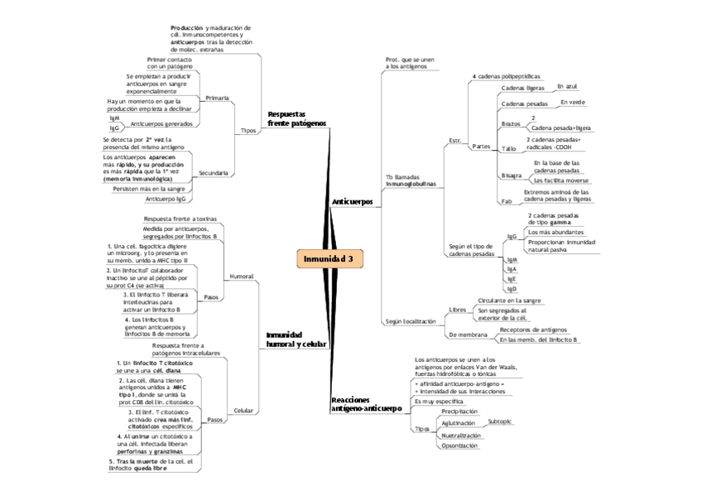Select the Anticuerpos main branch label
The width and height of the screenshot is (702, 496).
click(x=352, y=201)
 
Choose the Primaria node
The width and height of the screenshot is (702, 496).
click(x=217, y=98)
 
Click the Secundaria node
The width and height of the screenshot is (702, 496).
click(x=214, y=172)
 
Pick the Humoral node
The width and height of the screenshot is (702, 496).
click(x=241, y=276)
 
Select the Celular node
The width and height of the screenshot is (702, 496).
click(x=243, y=410)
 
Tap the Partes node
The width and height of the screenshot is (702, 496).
click(x=481, y=147)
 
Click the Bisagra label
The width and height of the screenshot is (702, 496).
click(x=512, y=176)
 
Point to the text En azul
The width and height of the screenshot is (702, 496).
click(x=567, y=85)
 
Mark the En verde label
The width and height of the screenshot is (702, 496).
click(x=573, y=102)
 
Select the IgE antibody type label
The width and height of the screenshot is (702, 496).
click(x=512, y=279)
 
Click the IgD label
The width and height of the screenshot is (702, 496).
click(x=512, y=289)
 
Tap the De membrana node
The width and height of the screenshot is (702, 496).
click(x=468, y=335)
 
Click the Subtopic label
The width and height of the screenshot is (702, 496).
click(x=500, y=421)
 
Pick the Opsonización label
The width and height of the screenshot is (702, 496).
click(x=459, y=445)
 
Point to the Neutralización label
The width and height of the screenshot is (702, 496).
click(x=461, y=435)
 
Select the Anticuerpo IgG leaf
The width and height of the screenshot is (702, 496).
click(x=166, y=199)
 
